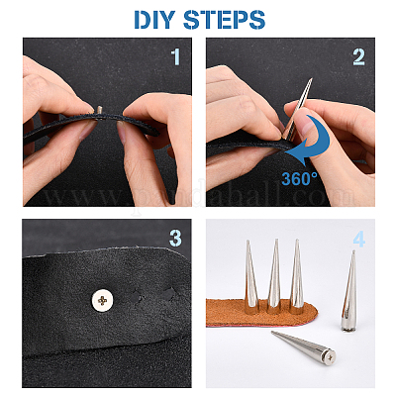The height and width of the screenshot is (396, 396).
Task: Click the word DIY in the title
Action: pyautogui.click(x=154, y=20)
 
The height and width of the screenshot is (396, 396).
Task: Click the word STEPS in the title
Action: pyautogui.click(x=225, y=20)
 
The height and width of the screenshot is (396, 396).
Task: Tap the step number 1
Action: pyautogui.click(x=176, y=57)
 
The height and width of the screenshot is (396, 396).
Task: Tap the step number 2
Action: pyautogui.click(x=358, y=57)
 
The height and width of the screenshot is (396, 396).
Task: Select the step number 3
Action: pyautogui.click(x=175, y=239)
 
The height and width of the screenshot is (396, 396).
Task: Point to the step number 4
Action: pyautogui.click(x=359, y=239)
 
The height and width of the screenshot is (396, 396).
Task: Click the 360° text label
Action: pyautogui.click(x=299, y=178)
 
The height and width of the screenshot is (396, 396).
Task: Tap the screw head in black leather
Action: pyautogui.click(x=102, y=300)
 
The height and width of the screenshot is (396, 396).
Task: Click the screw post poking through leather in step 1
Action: pyautogui.click(x=100, y=110)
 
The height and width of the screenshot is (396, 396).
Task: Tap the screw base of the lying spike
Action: pyautogui.click(x=330, y=356)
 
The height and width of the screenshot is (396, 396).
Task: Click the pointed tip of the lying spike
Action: pyautogui.click(x=272, y=332)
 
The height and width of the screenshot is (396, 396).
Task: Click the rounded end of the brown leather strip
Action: pyautogui.click(x=314, y=312)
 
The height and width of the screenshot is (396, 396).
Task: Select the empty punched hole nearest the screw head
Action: pyautogui.click(x=137, y=296)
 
